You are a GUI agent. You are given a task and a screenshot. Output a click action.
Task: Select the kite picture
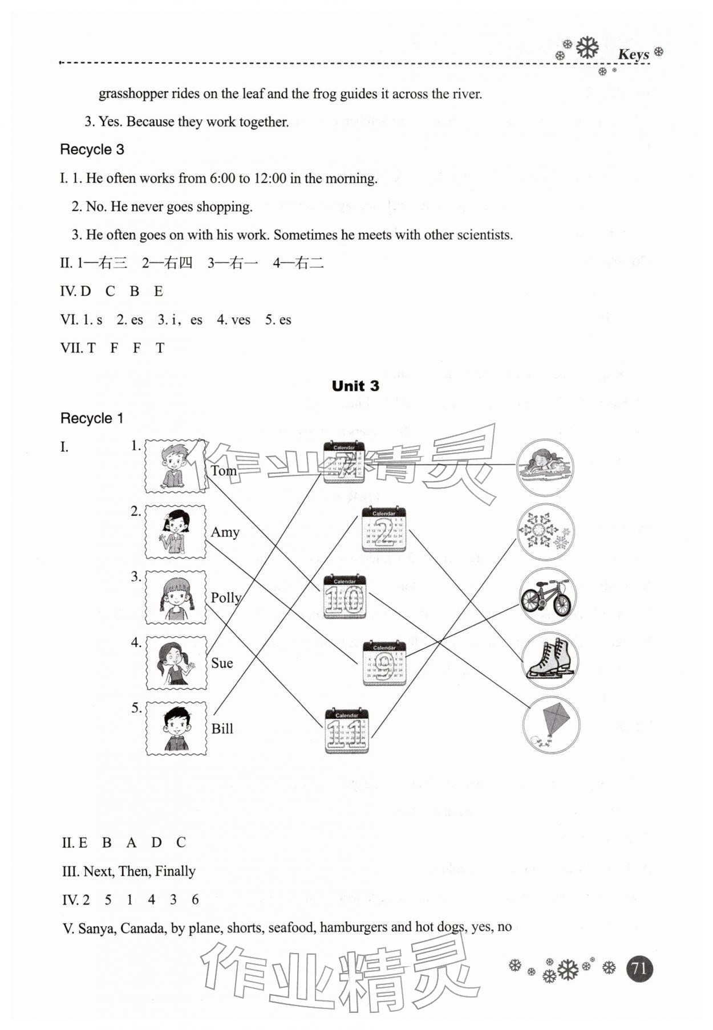(551, 725)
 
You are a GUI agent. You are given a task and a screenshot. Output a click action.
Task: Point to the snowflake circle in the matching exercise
(546, 531)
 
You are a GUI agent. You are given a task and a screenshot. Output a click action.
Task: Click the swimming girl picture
(545, 467)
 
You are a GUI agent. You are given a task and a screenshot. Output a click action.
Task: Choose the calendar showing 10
(344, 596)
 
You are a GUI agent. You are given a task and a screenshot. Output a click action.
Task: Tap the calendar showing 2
(384, 530)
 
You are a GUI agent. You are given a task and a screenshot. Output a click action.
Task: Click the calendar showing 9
(384, 662)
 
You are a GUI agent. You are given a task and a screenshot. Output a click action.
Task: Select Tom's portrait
(175, 466)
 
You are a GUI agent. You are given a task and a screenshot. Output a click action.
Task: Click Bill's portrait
(176, 728)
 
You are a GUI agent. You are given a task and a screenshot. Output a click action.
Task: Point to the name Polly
(226, 597)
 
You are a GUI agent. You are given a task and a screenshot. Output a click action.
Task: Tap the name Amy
(225, 532)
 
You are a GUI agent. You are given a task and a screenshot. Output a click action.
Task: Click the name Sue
(222, 663)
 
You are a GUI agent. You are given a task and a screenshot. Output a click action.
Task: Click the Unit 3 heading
(355, 386)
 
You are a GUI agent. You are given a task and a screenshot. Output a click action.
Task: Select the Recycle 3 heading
(92, 149)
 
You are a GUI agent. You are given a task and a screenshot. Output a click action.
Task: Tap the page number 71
(639, 968)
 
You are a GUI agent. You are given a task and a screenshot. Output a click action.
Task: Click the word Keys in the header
(633, 54)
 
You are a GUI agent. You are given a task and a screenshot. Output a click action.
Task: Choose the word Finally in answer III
(175, 871)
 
